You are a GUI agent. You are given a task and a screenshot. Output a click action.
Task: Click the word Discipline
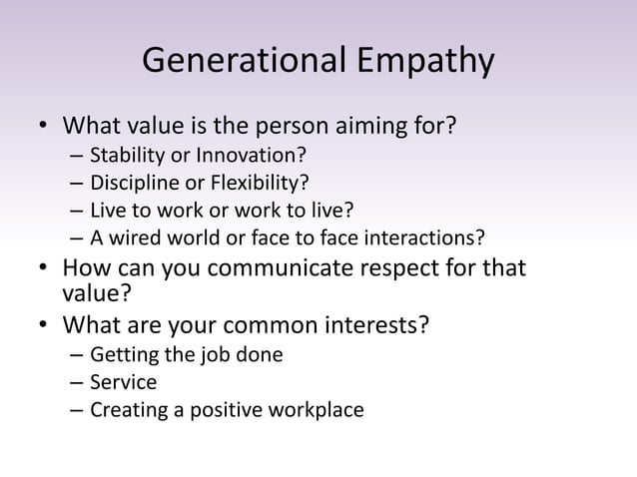click(130, 184)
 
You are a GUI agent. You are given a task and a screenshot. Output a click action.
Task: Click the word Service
click(123, 381)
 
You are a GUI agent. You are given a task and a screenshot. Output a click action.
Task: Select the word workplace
click(319, 409)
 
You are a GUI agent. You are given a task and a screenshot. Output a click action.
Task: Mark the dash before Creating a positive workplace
click(77, 409)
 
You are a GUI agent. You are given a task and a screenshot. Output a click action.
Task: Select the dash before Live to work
click(77, 211)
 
